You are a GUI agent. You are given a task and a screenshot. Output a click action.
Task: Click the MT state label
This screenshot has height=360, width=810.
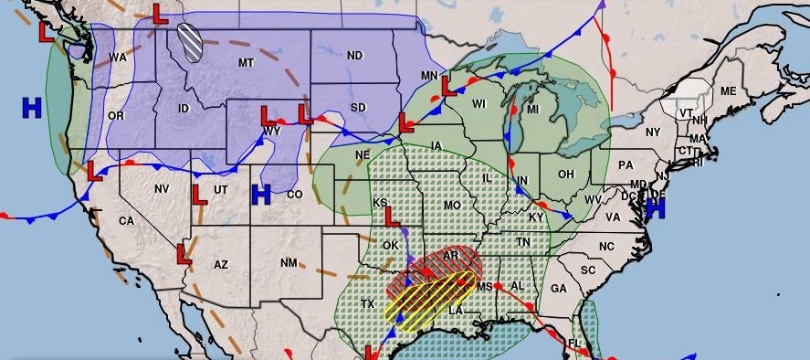(x=245, y=62)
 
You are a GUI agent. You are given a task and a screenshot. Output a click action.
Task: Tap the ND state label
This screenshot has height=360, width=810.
(x=355, y=56)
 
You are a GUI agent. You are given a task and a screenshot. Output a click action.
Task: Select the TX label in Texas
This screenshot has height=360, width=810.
(x=367, y=303)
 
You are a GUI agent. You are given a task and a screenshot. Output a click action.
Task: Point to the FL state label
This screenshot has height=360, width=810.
(x=574, y=344)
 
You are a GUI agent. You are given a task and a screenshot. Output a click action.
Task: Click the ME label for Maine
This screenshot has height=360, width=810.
(x=728, y=91)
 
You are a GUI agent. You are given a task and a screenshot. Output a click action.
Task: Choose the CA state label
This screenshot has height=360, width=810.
(x=126, y=221)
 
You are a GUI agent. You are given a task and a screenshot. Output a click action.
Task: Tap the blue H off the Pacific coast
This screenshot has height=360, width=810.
(x=32, y=108)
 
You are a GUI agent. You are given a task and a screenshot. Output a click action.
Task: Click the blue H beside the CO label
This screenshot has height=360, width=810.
(x=261, y=194)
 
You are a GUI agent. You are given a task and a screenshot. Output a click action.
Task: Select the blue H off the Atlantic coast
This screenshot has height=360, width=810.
(x=654, y=209)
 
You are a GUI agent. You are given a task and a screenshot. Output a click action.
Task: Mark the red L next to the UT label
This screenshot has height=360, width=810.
(x=199, y=193)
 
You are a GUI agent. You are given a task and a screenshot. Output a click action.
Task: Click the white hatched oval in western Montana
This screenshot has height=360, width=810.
(x=192, y=42)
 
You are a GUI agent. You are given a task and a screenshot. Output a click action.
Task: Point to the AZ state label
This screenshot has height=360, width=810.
(x=220, y=264)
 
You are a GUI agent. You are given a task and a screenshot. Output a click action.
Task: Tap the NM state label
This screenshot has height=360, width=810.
(x=289, y=263)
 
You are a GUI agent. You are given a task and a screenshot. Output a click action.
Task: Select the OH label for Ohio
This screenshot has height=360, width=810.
(x=566, y=175)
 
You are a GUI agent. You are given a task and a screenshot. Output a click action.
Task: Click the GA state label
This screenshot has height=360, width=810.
(x=559, y=288)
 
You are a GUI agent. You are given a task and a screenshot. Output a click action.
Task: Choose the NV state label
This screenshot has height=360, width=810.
(x=162, y=188)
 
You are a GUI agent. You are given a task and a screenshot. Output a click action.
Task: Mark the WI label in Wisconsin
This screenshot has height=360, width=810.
(x=479, y=103)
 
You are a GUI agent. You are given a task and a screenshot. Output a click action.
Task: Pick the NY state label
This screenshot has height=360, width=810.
(x=652, y=132)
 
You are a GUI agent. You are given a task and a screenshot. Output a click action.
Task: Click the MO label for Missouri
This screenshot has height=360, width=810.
(x=452, y=206)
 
